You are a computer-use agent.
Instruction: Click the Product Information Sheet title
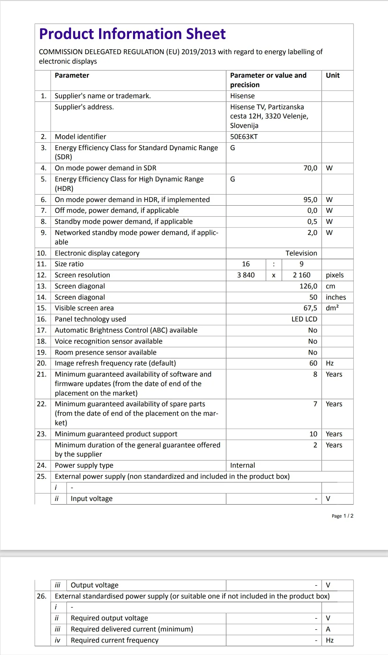pos(132,34)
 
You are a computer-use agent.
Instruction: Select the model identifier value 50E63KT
pos(244,137)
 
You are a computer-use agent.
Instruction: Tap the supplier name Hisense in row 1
pos(242,96)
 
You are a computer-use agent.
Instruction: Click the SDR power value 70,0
pos(310,168)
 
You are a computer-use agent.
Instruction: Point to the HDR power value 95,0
pos(310,200)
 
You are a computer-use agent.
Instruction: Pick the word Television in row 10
pos(301,253)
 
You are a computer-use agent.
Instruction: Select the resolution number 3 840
pos(246,275)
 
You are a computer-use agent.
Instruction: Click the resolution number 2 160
pos(301,275)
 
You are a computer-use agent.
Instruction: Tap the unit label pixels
pos(335,275)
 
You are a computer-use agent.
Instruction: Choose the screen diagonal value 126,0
pos(308,286)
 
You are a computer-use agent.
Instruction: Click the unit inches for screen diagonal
pos(336,297)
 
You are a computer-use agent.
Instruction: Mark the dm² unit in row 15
pos(332,308)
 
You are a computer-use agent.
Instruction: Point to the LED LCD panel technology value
pos(304,319)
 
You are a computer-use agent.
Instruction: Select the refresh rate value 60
pos(313,363)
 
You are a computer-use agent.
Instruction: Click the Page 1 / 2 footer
pos(342,516)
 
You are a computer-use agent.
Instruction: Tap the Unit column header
pos(333,75)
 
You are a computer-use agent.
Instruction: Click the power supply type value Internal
pos(242,465)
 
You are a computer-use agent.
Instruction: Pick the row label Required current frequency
pos(114,640)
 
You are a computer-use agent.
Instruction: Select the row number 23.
pos(41,434)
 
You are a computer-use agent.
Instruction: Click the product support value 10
pos(313,434)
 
